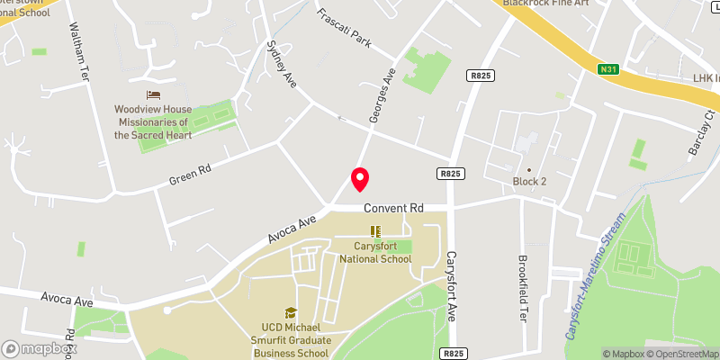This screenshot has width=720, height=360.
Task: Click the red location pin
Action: [359, 178]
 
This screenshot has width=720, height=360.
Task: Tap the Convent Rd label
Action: [393, 208]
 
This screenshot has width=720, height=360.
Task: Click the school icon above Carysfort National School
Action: [375, 232]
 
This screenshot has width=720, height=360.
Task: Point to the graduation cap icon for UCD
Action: [291, 313]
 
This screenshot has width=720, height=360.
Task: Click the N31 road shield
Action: [610, 68]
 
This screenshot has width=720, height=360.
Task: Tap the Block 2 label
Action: [529, 182]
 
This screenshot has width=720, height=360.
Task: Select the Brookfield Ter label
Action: [523, 289]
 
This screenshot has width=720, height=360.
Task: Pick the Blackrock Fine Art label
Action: [547, 4]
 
